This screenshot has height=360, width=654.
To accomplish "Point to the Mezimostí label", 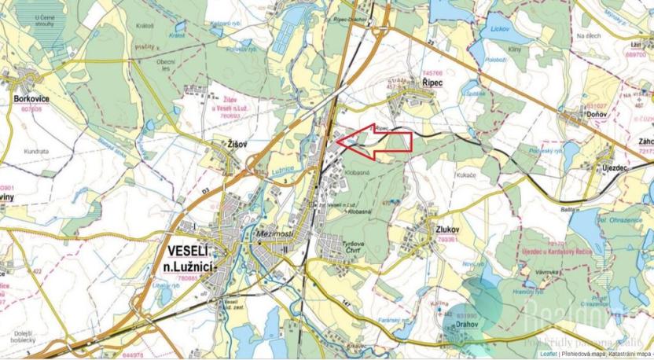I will pyautogui.click(x=274, y=235).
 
